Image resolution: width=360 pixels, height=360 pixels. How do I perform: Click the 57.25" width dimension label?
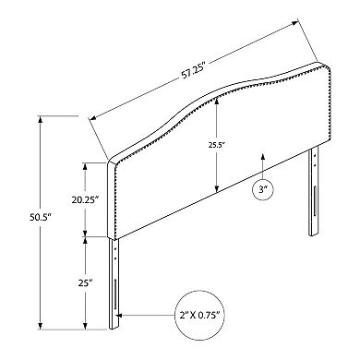[x=193, y=73]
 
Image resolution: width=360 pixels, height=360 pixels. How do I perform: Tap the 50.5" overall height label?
[x=40, y=218]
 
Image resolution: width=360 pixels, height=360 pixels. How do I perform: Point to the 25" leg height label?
[x=85, y=282]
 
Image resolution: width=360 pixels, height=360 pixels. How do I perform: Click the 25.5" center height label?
[x=217, y=144]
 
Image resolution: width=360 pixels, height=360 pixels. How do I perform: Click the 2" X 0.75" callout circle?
[x=200, y=315]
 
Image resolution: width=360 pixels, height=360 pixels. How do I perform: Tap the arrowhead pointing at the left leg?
[x=120, y=316]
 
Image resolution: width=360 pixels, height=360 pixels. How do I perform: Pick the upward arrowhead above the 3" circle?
[x=262, y=156]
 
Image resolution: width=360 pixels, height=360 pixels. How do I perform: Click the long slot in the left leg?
[x=114, y=294]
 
